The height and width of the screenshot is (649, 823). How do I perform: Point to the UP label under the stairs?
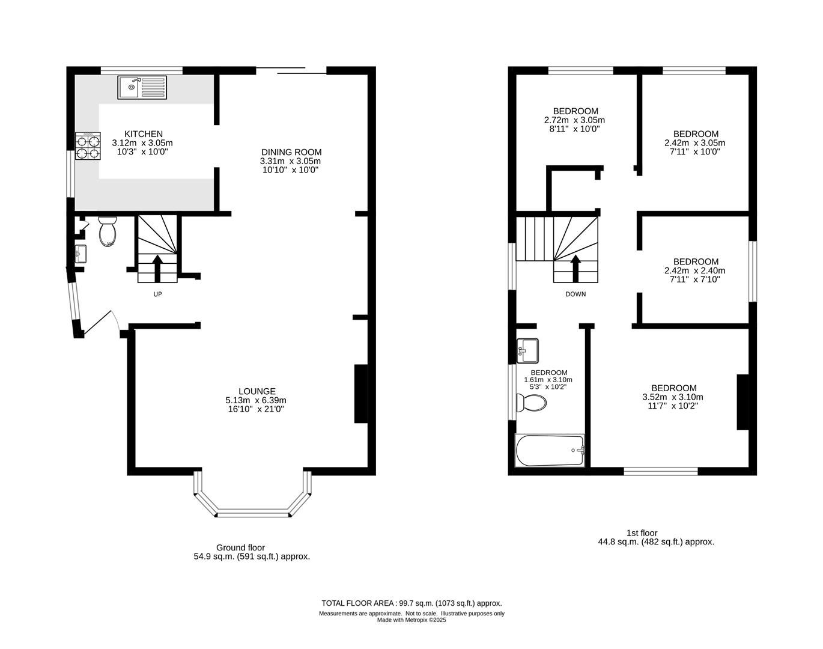tap(157, 294)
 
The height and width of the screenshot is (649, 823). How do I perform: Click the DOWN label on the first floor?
tap(575, 294)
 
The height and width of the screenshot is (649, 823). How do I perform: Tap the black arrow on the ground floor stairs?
tap(157, 268)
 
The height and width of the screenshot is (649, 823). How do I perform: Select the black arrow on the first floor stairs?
tap(575, 268)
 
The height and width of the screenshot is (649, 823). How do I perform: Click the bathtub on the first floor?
tap(550, 451)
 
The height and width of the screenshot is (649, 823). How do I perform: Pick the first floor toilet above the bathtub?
tap(531, 402)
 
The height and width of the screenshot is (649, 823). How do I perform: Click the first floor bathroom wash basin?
tap(527, 351)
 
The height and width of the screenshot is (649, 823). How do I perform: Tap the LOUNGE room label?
tap(257, 391)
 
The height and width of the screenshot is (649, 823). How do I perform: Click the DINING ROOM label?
tap(291, 152)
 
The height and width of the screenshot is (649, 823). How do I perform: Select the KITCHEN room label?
tap(143, 134)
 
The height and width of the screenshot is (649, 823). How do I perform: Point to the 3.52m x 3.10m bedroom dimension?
tap(673, 397)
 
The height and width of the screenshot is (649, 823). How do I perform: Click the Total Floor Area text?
tap(411, 603)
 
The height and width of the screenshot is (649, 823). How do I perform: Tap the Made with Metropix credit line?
tap(411, 620)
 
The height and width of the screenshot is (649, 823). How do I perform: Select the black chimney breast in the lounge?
tap(361, 394)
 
